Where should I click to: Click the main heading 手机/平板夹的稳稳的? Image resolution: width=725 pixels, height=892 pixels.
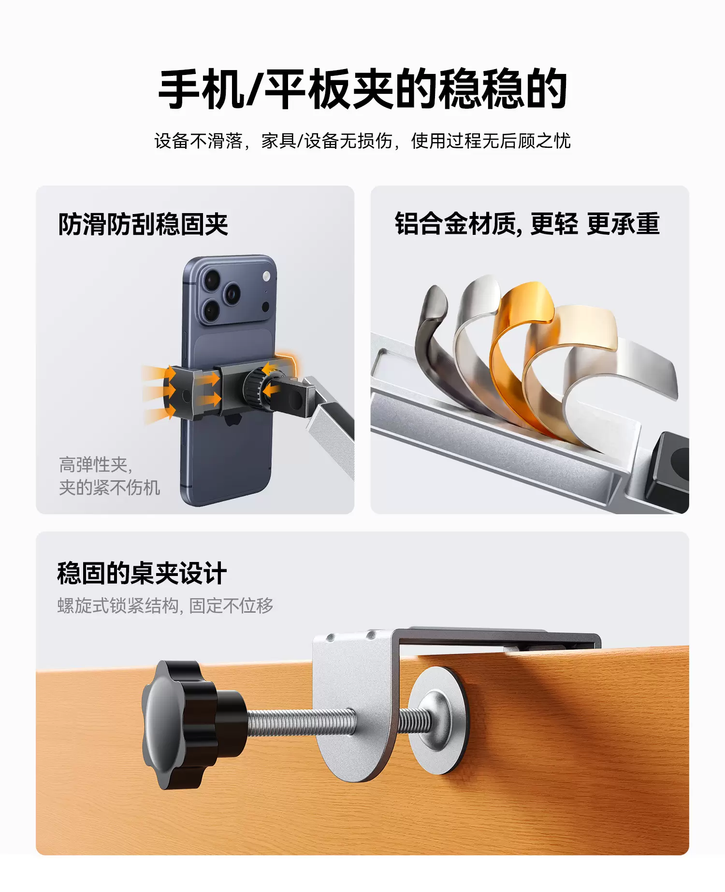362,89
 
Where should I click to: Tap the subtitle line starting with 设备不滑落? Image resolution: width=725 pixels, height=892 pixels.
362,141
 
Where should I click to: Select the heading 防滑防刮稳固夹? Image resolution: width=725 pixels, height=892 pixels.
143,224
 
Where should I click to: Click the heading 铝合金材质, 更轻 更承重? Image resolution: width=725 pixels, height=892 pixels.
527,224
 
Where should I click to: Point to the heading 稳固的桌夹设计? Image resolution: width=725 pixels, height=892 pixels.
142,574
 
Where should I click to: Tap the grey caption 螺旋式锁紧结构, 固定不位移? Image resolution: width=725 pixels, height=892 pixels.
165,605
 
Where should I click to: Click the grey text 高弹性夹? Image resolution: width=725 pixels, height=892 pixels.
96,465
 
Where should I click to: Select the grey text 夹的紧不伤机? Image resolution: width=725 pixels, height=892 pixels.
109,488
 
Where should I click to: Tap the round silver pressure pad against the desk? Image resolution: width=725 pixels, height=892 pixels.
437,720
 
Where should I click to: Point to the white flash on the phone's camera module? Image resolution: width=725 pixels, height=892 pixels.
266,276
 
